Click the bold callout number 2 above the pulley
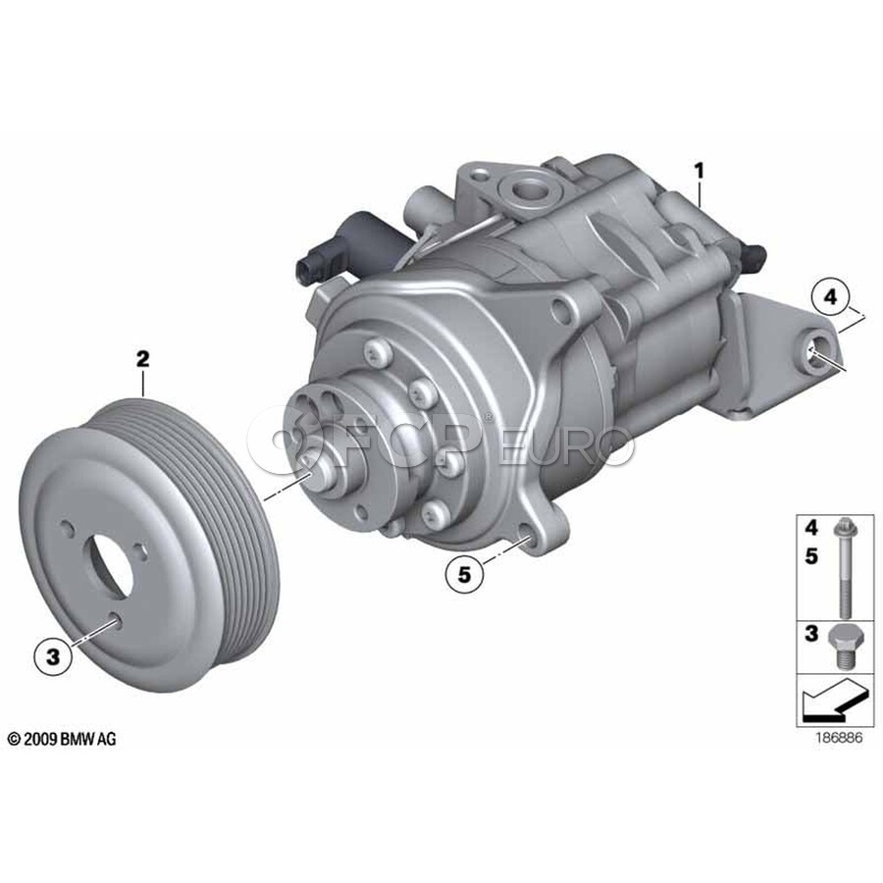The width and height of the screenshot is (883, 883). pos(143,359)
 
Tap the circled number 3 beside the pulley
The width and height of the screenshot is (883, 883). pos(53,656)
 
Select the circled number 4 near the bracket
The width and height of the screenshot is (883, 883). pos(831,296)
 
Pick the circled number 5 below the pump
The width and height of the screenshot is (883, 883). pos(463,574)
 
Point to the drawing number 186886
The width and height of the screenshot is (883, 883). pos(839,738)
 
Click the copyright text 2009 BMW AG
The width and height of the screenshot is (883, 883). pos(62,739)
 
